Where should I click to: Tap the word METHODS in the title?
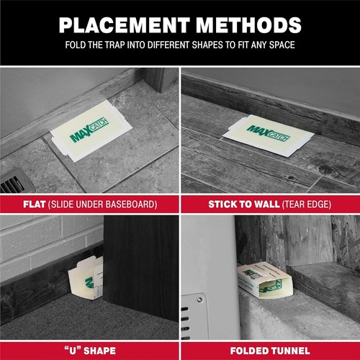(245, 25)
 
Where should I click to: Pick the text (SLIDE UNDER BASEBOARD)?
(106, 204)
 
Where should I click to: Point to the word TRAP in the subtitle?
(117, 50)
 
